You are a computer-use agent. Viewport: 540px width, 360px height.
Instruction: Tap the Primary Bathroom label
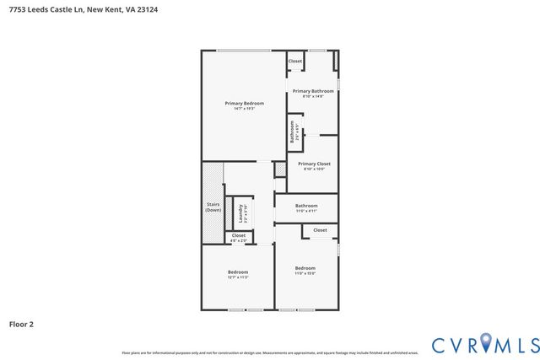click(313, 90)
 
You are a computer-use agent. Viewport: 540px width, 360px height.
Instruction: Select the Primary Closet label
click(314, 164)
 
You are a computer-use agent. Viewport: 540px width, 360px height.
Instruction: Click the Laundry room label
click(240, 212)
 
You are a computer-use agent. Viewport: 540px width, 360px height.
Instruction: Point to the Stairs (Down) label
click(213, 207)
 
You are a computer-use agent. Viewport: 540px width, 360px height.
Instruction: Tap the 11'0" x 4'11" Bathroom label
click(306, 206)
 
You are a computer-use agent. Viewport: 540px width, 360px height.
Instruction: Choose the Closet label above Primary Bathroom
click(295, 61)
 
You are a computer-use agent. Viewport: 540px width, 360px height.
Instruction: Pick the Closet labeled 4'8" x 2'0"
click(239, 236)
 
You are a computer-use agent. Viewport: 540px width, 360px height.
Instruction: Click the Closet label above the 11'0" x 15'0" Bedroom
click(321, 229)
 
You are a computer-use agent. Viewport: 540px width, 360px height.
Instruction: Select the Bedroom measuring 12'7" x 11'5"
click(238, 271)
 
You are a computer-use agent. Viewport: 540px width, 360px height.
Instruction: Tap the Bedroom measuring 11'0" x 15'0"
click(305, 268)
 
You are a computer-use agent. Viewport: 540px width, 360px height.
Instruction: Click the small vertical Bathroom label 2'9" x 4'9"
click(292, 132)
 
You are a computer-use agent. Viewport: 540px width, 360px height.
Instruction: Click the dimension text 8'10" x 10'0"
click(314, 169)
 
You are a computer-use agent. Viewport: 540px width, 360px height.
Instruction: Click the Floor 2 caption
click(21, 324)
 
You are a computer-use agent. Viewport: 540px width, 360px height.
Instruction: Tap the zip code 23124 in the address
click(148, 9)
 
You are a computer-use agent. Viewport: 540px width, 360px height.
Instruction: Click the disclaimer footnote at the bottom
click(270, 352)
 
